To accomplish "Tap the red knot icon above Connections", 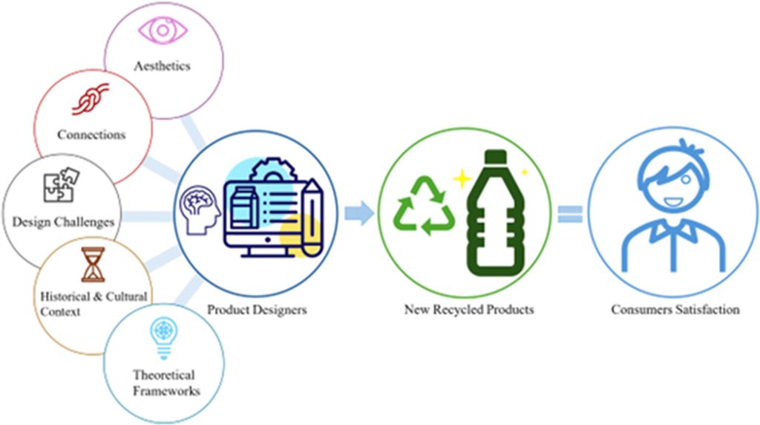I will [x=91, y=101].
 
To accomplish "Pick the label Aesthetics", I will [x=162, y=66].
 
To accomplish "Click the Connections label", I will [x=91, y=134].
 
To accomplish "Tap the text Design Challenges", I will [x=63, y=221].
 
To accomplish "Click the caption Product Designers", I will [x=256, y=309].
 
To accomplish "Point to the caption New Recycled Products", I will [x=468, y=309].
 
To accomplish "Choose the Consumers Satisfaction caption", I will [x=675, y=309].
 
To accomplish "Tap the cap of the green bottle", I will [x=496, y=158].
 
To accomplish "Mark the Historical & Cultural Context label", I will [x=93, y=304].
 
